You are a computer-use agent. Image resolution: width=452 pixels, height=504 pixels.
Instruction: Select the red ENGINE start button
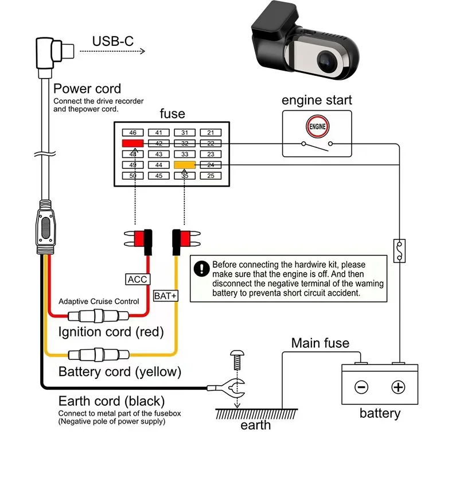(x=317, y=126)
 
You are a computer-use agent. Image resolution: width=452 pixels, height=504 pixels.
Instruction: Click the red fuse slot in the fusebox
(x=133, y=144)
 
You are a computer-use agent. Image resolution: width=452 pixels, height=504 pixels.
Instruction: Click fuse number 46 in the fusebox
(x=133, y=133)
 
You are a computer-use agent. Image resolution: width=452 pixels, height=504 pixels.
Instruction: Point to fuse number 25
(x=211, y=176)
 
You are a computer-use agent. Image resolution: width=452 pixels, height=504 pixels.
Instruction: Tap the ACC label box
(x=137, y=280)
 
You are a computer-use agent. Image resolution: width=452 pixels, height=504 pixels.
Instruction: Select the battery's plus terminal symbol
(x=398, y=387)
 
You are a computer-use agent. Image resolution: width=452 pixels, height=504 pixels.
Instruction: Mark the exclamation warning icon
(x=201, y=269)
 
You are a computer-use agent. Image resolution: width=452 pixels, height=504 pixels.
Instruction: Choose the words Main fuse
(x=320, y=343)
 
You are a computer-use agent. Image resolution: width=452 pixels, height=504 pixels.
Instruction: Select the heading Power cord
(x=87, y=89)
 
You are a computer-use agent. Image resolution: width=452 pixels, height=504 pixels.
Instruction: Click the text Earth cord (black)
(x=111, y=401)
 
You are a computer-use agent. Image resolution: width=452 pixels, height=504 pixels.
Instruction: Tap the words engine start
(x=317, y=100)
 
